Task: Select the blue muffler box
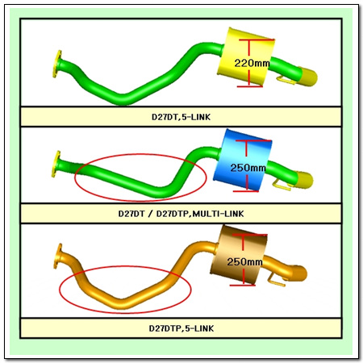[242, 160]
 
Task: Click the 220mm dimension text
[252, 63]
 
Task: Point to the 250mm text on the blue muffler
[248, 168]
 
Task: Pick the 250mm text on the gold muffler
[244, 261]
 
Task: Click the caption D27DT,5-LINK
[181, 117]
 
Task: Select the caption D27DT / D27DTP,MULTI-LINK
[181, 214]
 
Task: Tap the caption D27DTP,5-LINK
[181, 328]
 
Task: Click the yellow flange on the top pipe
[56, 64]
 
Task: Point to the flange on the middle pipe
[56, 164]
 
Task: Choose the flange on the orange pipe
[57, 256]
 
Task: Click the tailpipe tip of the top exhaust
[308, 77]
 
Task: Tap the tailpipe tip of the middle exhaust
[304, 180]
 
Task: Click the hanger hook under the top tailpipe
[286, 80]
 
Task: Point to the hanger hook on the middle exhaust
[282, 186]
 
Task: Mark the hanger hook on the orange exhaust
[277, 280]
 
